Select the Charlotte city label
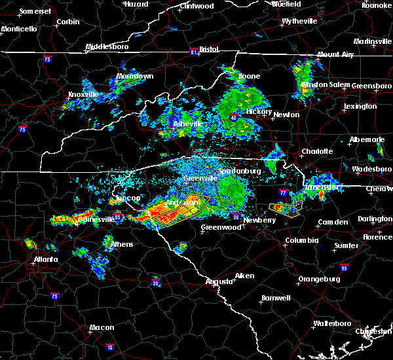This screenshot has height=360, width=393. pos(317,151)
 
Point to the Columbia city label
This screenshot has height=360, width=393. pos(301,241)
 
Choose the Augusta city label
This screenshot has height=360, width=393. pos(218,281)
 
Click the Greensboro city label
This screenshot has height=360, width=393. pos(371,86)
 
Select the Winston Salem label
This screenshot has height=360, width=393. pos(326,84)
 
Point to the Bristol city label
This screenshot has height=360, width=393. pos(209,49)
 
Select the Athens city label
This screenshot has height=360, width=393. pos(122,245)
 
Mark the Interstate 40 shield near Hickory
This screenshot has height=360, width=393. pos(233,117)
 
